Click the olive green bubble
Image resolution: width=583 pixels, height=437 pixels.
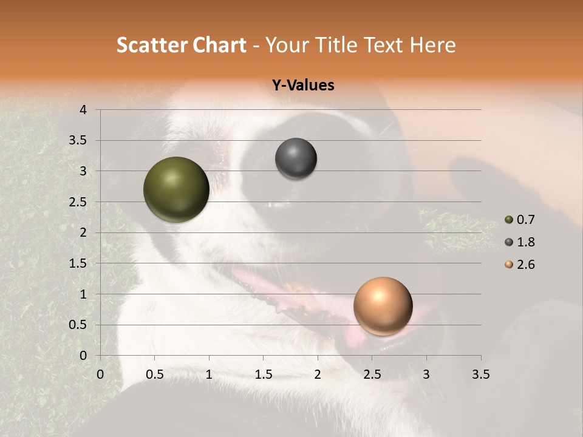(x=176, y=189)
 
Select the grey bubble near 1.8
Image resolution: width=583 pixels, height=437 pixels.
(x=296, y=159)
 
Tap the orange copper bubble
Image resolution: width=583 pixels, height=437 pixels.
(x=383, y=306)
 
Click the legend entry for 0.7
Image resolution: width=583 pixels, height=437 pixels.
(x=520, y=220)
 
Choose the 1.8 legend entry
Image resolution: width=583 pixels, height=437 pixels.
(x=520, y=242)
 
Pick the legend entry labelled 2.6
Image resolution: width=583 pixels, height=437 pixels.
(x=520, y=265)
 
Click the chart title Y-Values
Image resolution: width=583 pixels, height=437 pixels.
(x=302, y=86)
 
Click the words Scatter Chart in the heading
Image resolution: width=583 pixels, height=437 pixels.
(x=182, y=45)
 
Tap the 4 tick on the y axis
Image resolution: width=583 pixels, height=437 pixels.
(x=83, y=110)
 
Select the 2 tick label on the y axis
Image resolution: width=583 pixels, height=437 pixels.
(x=83, y=232)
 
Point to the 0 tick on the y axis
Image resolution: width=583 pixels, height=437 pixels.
(x=83, y=356)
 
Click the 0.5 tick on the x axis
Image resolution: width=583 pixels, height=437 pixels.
(x=154, y=375)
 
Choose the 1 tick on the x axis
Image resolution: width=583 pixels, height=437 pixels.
(x=209, y=375)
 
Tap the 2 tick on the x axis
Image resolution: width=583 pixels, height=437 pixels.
(x=318, y=375)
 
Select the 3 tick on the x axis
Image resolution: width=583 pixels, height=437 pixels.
(x=426, y=375)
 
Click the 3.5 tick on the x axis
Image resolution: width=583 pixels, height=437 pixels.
(x=480, y=375)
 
